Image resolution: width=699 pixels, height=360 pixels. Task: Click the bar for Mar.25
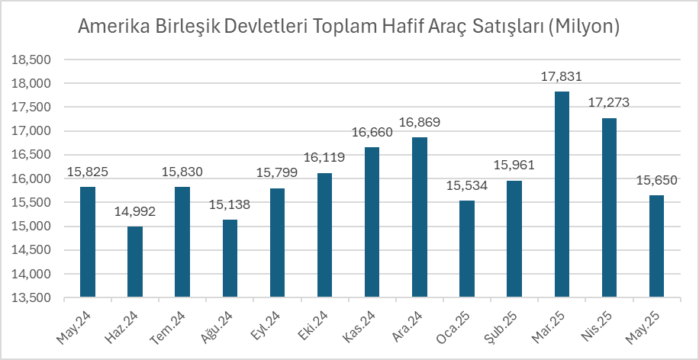(562, 194)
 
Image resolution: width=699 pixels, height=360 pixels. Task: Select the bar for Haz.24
(134, 262)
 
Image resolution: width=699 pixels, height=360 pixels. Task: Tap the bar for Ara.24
(419, 217)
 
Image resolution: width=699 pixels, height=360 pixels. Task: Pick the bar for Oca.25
(467, 249)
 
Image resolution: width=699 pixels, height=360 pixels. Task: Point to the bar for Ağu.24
(230, 258)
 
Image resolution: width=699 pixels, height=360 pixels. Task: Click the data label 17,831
(562, 76)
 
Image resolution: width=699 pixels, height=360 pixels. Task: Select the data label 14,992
(134, 212)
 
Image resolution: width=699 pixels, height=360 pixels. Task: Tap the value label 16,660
(372, 133)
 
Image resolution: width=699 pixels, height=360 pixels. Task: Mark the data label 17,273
(609, 103)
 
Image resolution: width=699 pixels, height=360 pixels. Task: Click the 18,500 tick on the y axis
(33, 59)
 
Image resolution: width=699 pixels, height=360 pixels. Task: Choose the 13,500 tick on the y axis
(33, 297)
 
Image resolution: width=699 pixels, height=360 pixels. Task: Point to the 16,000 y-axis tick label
(33, 178)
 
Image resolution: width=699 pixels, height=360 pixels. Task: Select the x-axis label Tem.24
(176, 321)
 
